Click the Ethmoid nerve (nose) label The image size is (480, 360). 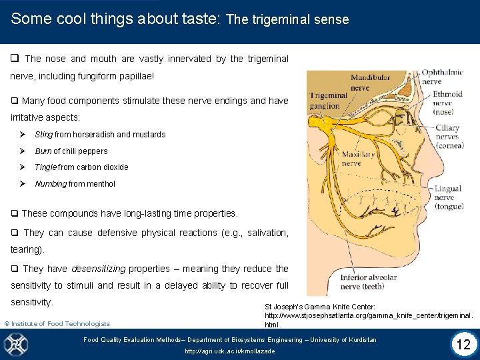pos(447,103)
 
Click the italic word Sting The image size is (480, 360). pos(43,135)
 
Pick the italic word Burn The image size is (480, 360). pos(43,151)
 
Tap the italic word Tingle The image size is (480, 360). pos(45,167)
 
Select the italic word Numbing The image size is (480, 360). pos(51,184)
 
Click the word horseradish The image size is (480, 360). pos(93,135)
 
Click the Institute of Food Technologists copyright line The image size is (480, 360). pos(57,324)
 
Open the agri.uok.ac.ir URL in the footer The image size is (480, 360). pos(229,351)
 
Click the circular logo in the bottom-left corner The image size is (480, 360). pos(16,344)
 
